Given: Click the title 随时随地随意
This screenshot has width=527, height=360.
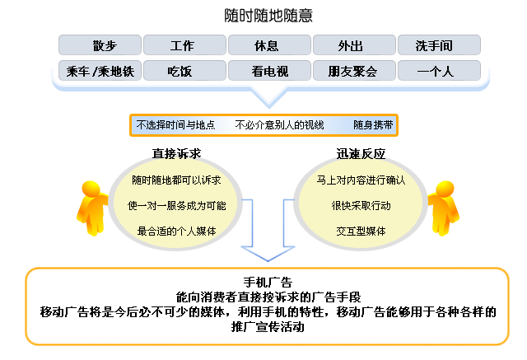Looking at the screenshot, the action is click(268, 16).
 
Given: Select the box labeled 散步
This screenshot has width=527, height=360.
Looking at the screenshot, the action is click(100, 45).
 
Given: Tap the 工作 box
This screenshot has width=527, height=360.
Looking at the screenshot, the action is click(184, 45).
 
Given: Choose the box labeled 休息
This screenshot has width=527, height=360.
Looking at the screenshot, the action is click(269, 45).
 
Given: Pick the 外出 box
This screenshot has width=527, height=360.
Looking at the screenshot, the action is click(354, 45).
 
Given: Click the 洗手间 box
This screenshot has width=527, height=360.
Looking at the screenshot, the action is click(439, 45).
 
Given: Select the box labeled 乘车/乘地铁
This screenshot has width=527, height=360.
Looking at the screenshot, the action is click(100, 71).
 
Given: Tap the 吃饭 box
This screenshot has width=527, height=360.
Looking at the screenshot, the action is click(184, 71).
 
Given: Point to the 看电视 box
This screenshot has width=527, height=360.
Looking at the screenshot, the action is click(269, 71).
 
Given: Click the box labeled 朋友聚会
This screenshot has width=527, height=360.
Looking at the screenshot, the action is click(354, 71).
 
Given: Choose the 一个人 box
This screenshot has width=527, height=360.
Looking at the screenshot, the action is click(439, 71).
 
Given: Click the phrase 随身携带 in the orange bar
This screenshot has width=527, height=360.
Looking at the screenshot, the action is click(373, 125).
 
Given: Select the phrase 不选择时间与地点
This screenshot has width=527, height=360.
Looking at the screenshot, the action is click(175, 125).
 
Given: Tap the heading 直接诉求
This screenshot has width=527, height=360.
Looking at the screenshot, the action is click(176, 153).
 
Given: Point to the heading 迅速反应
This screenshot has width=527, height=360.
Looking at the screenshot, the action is click(361, 153).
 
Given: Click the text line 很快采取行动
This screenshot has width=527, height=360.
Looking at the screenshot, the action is click(361, 205).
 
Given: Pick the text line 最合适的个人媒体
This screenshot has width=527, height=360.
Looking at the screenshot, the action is click(176, 231).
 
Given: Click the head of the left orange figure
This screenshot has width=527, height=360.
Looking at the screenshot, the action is click(91, 189).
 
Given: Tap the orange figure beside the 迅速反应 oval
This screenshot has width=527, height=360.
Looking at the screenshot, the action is click(444, 208).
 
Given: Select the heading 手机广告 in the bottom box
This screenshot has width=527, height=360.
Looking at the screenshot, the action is click(268, 282).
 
